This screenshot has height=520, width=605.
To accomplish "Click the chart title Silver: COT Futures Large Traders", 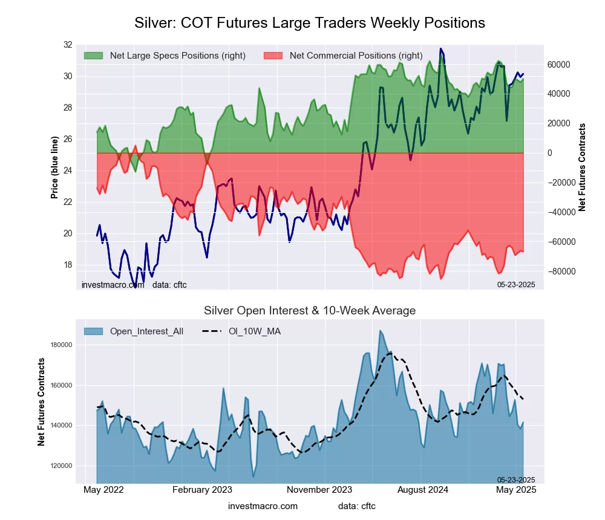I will (309, 23).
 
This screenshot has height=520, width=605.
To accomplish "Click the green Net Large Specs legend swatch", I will (93, 56).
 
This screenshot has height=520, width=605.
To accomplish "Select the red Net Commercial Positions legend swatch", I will (273, 56).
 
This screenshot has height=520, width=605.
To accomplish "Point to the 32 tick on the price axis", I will (67, 45).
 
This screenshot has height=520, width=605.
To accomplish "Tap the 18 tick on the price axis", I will (67, 265).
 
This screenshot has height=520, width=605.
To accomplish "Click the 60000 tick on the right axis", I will (559, 64).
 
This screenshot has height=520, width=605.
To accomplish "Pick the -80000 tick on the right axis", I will (560, 271).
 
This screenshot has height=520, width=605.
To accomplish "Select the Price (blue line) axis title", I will (54, 167).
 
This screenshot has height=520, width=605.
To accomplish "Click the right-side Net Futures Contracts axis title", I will (583, 167).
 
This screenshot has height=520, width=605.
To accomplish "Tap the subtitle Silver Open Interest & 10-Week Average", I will (309, 311).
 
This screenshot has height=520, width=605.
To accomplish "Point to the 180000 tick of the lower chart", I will (61, 345).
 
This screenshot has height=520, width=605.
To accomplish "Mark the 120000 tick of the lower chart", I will (61, 466).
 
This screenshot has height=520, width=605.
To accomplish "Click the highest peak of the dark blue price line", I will (441, 49).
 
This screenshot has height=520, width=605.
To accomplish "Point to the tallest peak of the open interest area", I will (380, 331).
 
